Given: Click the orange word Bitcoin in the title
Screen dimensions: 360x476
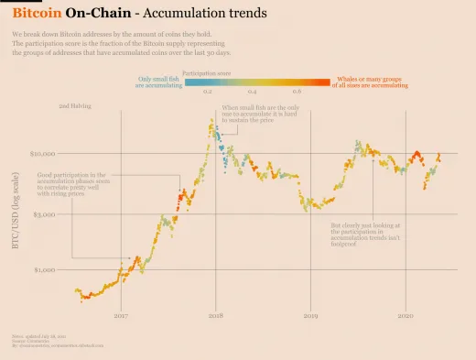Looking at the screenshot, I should click(x=36, y=15).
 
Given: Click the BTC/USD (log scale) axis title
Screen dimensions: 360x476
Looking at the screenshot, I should click(x=16, y=212).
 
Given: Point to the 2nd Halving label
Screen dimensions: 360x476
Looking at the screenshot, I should click(x=75, y=107).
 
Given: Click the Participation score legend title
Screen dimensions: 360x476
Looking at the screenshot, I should click(x=205, y=71).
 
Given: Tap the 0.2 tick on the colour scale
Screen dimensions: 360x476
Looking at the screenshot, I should click(x=208, y=93).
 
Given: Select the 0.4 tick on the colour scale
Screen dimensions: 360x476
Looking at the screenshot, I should click(x=253, y=93).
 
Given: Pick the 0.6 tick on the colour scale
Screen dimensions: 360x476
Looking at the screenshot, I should click(x=297, y=93).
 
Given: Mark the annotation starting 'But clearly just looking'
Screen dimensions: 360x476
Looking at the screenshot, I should click(x=362, y=235).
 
